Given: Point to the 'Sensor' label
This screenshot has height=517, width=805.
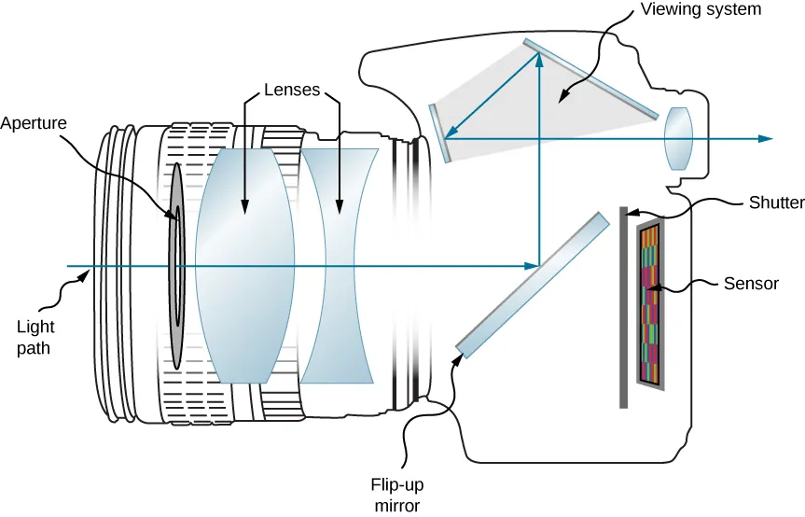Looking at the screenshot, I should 751,284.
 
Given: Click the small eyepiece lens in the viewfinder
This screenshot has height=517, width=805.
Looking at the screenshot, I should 678,139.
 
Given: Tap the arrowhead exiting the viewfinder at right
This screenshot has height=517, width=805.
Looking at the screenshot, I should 766,139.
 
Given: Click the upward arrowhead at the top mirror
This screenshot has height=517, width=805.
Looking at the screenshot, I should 539,59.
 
